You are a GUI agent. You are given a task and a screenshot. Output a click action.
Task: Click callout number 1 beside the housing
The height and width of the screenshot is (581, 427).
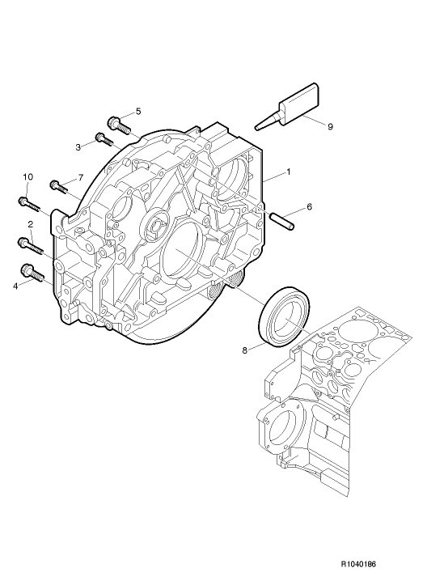(x=287, y=172)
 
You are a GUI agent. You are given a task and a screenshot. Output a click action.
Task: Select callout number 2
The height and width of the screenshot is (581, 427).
(x=30, y=224)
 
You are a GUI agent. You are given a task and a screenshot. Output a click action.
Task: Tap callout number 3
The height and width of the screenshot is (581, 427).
(x=78, y=146)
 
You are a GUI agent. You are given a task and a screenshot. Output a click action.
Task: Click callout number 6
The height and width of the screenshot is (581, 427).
(x=309, y=207)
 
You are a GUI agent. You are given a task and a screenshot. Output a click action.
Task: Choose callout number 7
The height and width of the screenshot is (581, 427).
(x=81, y=177)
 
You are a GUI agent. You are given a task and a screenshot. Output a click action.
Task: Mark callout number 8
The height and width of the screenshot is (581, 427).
(x=246, y=350)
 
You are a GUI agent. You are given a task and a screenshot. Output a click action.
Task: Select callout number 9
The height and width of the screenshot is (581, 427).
(x=330, y=125)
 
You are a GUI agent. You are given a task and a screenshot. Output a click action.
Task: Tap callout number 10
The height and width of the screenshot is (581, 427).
(x=27, y=177)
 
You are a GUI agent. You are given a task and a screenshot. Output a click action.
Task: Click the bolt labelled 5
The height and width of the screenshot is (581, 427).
(x=116, y=125)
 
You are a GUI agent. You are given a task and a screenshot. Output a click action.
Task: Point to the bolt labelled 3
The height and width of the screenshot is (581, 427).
(x=103, y=139)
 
